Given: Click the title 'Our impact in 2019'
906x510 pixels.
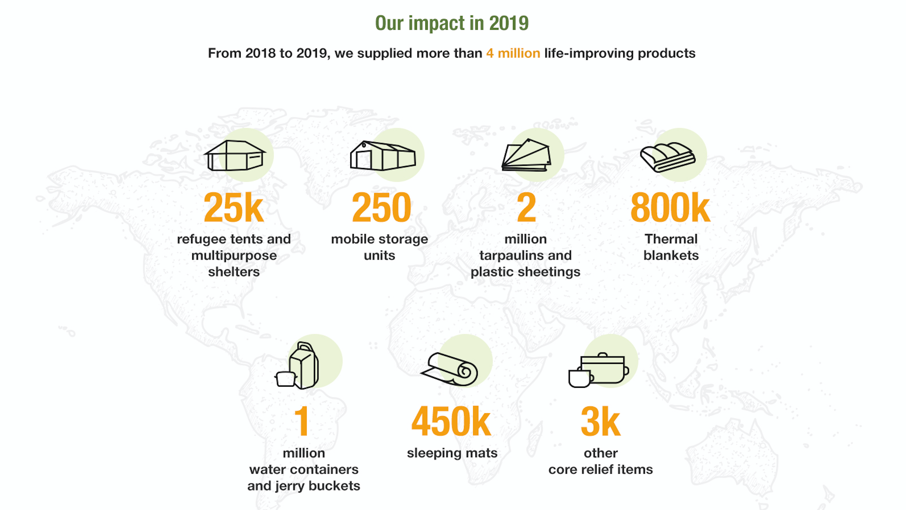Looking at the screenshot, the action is (x=452, y=23).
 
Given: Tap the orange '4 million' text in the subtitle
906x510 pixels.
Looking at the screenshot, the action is (x=513, y=53).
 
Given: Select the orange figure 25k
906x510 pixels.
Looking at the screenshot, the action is (x=234, y=208).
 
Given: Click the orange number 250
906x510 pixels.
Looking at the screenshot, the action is (x=381, y=208).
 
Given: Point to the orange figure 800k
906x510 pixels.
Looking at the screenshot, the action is (x=670, y=208).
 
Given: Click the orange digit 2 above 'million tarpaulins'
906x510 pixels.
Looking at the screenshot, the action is (x=527, y=208).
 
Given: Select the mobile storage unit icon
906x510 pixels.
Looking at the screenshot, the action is (x=383, y=155).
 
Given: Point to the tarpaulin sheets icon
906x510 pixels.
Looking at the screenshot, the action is (x=527, y=155).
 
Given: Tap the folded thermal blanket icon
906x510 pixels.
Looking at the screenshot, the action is (x=668, y=157).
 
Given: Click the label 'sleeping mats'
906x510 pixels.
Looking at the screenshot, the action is (x=452, y=453).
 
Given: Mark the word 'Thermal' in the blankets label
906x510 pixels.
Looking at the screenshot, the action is (x=671, y=239).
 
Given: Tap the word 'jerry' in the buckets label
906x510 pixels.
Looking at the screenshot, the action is (x=290, y=486).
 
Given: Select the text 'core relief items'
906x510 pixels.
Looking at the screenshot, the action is (x=600, y=470).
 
